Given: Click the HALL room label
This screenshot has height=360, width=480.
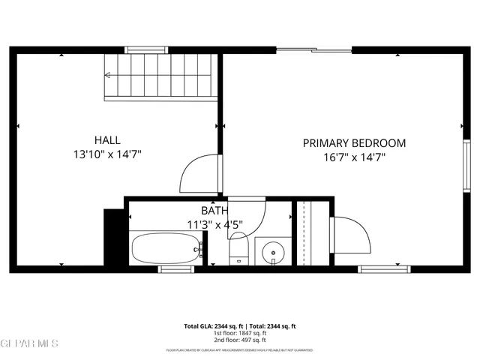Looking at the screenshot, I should pos(107,139).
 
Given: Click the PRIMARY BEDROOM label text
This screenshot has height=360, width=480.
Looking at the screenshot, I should pos(354,142).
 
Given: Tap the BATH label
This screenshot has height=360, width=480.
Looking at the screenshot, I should pos(214,211).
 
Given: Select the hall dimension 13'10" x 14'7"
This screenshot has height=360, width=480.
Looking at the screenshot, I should pos(107,154).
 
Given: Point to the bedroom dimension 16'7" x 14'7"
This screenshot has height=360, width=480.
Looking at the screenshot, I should pos(354,157).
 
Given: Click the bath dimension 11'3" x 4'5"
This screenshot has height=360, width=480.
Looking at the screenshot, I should pos(214,224).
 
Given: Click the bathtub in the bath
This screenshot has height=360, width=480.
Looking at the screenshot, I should pos(166,247).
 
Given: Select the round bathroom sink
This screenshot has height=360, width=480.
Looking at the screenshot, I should pos(274,253).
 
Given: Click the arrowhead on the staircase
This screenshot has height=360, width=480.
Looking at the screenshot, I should pos(108,75).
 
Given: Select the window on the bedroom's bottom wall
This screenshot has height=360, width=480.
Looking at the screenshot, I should pos(384,268).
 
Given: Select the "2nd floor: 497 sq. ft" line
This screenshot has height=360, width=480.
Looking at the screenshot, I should pos(240,340).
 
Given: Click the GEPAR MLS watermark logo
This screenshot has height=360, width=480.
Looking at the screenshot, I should pos(29,344).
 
